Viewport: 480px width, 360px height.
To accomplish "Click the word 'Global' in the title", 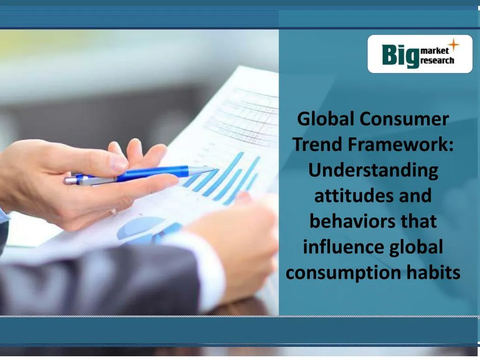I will pyautogui.click(x=326, y=119).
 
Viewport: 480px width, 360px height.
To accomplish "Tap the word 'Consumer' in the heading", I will pyautogui.click(x=405, y=119).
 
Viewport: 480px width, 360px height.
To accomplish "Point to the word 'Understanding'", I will pyautogui.click(x=373, y=170).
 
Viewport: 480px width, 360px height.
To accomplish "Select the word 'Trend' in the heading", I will pyautogui.click(x=317, y=145).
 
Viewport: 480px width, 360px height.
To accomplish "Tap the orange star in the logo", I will pyautogui.click(x=453, y=45).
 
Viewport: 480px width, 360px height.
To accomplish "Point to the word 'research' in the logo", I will pyautogui.click(x=437, y=60).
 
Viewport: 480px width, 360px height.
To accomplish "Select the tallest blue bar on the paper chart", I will pyautogui.click(x=229, y=174).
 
